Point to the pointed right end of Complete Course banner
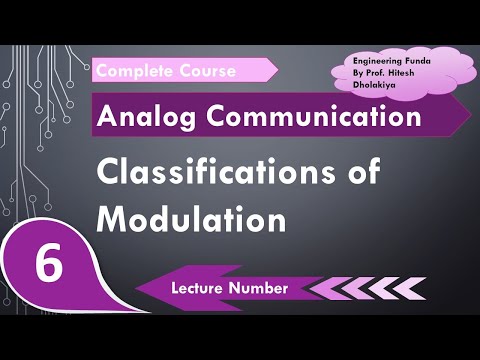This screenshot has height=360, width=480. [275, 70]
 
